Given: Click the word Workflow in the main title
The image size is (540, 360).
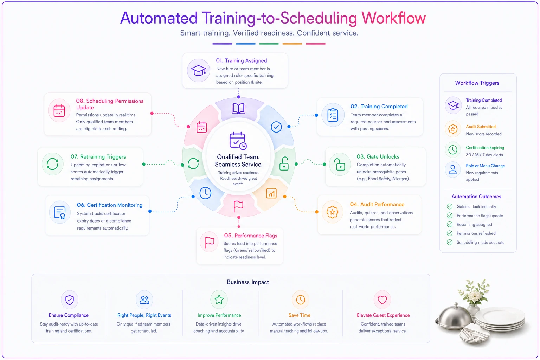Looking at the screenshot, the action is (393, 18).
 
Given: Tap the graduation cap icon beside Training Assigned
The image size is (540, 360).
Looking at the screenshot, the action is (199, 71).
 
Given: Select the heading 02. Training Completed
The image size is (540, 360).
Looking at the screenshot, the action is (379, 106).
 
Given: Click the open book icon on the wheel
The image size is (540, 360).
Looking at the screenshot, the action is (238, 109).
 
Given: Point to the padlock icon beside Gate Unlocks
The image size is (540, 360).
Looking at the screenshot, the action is (340, 165).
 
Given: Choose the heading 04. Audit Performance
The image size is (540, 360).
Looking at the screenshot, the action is (377, 205).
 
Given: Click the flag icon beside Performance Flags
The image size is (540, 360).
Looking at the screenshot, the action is (210, 242).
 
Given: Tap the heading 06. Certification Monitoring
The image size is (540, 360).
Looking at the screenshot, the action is (109, 205).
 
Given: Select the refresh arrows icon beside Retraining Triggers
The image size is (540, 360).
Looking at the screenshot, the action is (52, 164).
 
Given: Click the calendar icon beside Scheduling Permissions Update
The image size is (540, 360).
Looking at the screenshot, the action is (59, 111).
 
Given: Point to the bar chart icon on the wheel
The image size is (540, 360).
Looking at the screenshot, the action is (271, 193).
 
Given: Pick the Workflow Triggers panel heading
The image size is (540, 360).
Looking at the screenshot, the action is (477, 83).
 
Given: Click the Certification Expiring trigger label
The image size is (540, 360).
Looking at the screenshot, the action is (485, 148).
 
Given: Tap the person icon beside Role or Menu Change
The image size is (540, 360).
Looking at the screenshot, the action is (453, 169).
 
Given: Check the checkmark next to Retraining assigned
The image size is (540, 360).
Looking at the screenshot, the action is (450, 225).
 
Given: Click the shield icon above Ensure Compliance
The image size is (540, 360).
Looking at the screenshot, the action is (69, 300).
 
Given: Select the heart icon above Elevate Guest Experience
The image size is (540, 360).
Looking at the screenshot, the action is (382, 300).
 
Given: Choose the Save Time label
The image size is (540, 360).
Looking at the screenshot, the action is (299, 315).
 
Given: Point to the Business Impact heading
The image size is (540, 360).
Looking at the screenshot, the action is (247, 282).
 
